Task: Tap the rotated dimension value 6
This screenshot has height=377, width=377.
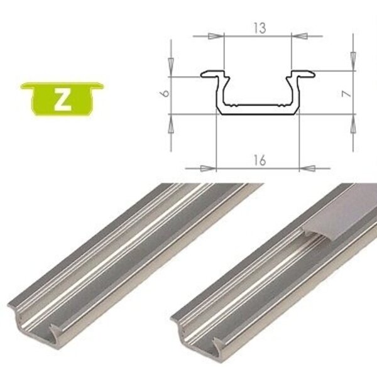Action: click(x=164, y=96)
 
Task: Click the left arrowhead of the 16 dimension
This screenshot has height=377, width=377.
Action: click(x=209, y=168)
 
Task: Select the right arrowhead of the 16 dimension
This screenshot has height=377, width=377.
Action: click(x=306, y=168)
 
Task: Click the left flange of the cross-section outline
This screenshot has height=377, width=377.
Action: click(x=209, y=75)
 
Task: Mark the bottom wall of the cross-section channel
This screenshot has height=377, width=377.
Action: click(x=258, y=112)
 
